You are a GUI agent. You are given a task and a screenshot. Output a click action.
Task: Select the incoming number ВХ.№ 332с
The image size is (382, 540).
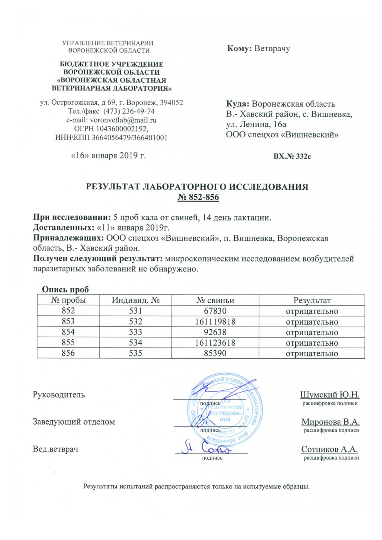[x=292, y=157]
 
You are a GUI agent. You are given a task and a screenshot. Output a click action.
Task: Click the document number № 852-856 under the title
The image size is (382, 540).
[x=198, y=197]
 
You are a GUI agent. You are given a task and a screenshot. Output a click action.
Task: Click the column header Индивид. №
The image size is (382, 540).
[x=136, y=301]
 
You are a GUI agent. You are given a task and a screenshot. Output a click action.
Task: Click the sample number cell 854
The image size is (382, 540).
[x=68, y=332]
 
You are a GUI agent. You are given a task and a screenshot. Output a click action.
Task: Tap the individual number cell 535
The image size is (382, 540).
[x=136, y=353]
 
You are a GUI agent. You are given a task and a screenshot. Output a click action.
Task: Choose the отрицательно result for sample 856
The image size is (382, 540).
[x=311, y=353]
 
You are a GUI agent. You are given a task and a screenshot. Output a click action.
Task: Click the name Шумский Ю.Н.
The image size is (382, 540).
[x=330, y=395]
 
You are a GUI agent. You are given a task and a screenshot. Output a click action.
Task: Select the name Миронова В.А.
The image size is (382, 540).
[x=330, y=422]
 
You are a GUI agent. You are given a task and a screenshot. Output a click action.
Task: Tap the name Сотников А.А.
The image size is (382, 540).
[x=330, y=449]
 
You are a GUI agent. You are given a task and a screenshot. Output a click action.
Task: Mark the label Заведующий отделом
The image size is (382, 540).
[x=74, y=422]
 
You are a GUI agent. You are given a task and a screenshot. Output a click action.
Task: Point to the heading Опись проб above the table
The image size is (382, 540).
[x=65, y=290]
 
